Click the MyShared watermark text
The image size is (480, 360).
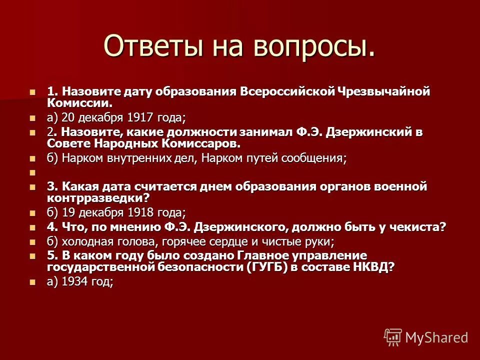[x=436, y=337]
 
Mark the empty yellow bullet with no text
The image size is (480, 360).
[x=33, y=172]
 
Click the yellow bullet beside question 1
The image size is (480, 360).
[x=33, y=92]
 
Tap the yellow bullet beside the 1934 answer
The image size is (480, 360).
[x=33, y=281]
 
